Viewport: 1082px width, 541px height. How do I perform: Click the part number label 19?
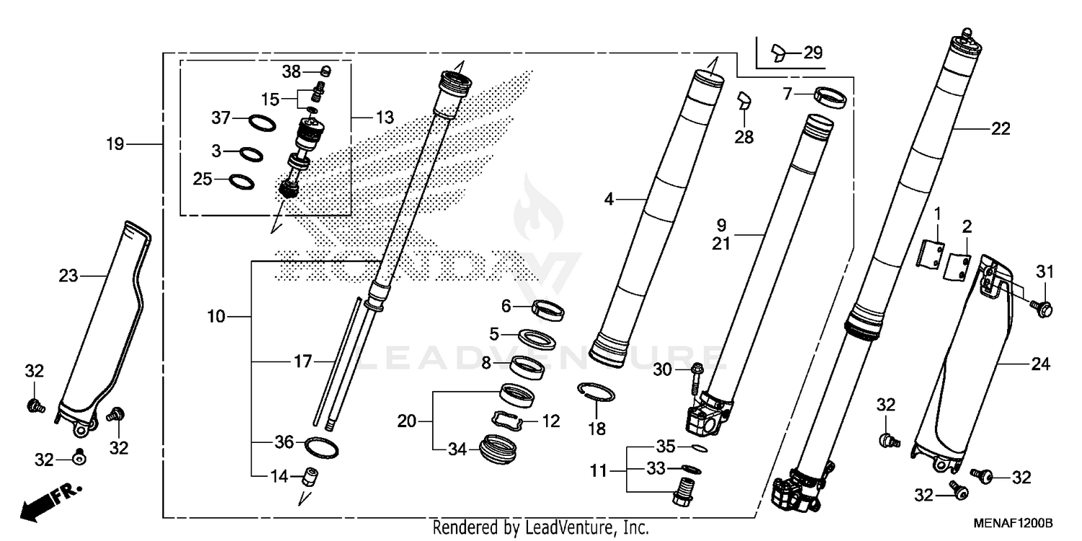(114, 144)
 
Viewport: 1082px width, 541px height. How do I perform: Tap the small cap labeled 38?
(325, 71)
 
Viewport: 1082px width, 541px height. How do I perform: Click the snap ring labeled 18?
(597, 393)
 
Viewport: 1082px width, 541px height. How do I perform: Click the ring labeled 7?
(829, 96)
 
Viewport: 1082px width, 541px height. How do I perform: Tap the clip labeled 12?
(509, 421)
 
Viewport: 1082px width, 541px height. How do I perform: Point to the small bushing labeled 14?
(311, 477)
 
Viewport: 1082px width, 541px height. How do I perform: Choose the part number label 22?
(1000, 129)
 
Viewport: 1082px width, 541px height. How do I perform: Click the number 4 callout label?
(609, 198)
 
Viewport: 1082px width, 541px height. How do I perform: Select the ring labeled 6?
(548, 310)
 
